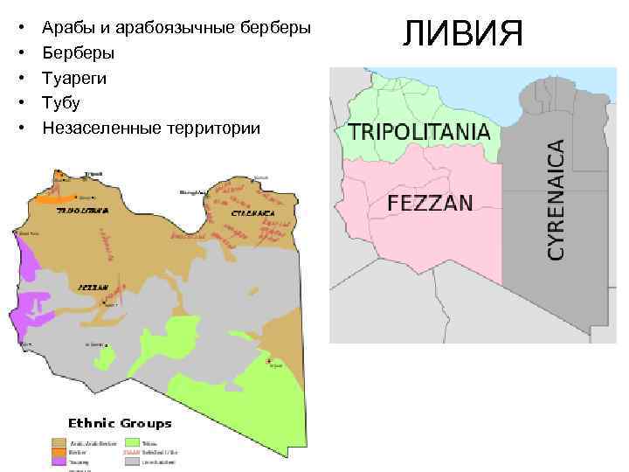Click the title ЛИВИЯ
[462, 33]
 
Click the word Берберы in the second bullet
[78, 52]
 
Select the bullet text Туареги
[74, 78]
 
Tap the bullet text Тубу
[61, 103]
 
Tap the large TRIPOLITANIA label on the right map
[418, 132]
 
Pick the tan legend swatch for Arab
[59, 443]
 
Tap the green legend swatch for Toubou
[133, 443]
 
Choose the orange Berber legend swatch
[59, 452]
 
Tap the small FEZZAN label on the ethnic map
[93, 287]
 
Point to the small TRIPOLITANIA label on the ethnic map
[83, 211]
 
